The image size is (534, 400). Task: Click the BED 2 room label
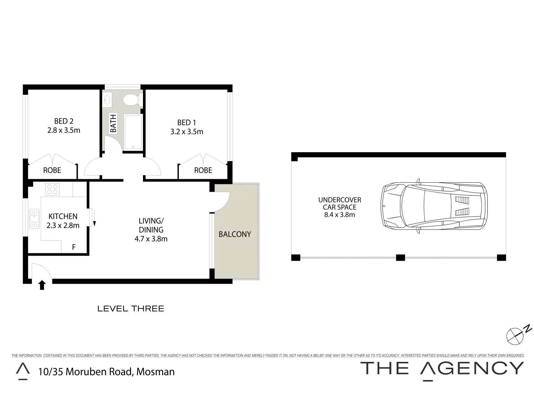[x=64, y=121]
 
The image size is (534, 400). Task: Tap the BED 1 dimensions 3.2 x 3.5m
[x=187, y=131]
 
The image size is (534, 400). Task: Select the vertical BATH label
[x=113, y=123]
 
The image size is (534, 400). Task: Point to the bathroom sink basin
[x=108, y=99]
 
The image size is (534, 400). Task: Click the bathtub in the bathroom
[x=133, y=132]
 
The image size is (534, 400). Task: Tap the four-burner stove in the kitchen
[x=52, y=189]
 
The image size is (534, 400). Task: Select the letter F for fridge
[x=74, y=247]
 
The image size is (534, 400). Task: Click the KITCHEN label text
[x=63, y=216]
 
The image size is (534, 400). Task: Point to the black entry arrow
[x=42, y=285]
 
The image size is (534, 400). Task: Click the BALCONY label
[x=235, y=234]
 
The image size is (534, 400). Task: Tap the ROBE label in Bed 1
[x=203, y=170]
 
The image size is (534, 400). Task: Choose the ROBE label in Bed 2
[x=52, y=170]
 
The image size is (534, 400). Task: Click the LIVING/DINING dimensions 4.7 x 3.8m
[x=151, y=239]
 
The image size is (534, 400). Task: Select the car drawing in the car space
[x=434, y=206]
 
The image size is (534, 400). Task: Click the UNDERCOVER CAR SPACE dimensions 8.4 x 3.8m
[x=339, y=215]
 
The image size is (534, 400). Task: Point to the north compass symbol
[x=516, y=335]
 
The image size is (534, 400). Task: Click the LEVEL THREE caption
[x=130, y=309]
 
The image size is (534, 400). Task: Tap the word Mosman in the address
[x=156, y=371]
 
